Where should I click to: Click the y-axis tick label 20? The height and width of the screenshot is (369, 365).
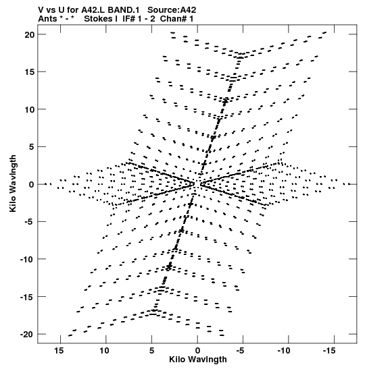[30, 34]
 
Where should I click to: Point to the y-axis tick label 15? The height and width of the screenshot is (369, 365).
[30, 72]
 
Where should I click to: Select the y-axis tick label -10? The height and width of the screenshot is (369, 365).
[27, 259]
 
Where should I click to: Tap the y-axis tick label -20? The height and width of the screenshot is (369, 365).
[27, 334]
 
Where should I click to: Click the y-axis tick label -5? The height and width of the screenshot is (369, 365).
[30, 222]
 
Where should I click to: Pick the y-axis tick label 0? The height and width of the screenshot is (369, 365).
[32, 184]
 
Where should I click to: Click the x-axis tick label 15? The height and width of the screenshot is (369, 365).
[59, 351]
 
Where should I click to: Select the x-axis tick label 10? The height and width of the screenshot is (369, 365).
[105, 351]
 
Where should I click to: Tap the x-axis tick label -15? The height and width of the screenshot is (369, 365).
[329, 351]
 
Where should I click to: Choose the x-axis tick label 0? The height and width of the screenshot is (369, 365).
[197, 351]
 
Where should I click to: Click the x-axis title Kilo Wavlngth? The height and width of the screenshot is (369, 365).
[198, 360]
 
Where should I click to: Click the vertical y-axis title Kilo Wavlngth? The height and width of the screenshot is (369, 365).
[13, 183]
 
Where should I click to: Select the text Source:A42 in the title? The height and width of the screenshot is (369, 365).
[172, 10]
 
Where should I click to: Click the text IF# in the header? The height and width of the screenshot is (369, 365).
[128, 19]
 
